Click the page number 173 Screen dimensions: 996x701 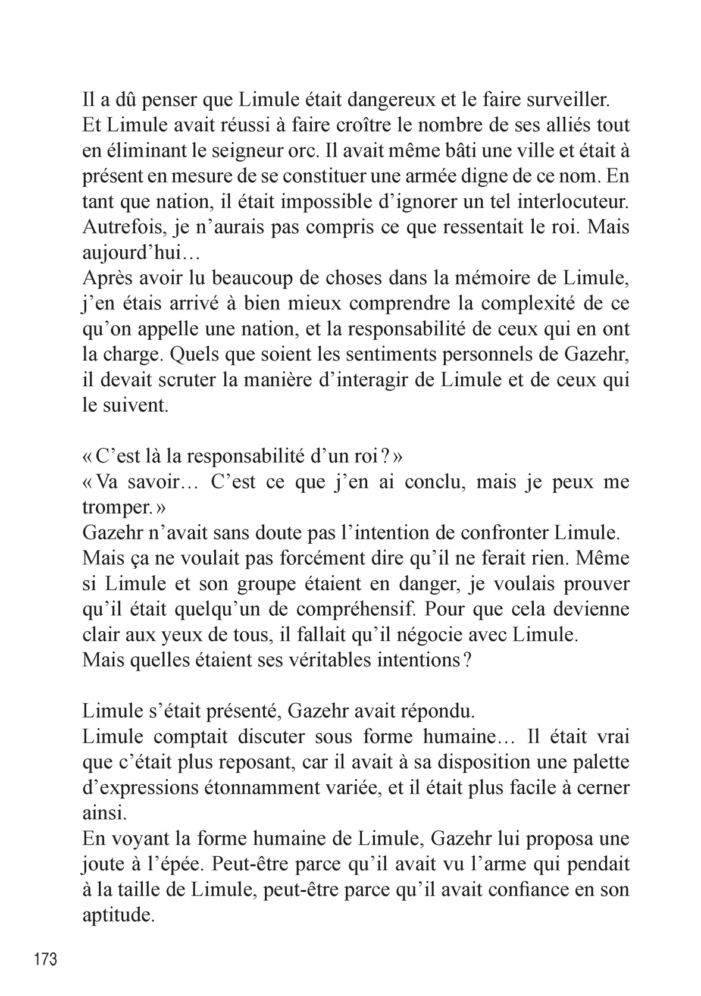pos(45,959)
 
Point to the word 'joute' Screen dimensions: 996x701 pos(101,865)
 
